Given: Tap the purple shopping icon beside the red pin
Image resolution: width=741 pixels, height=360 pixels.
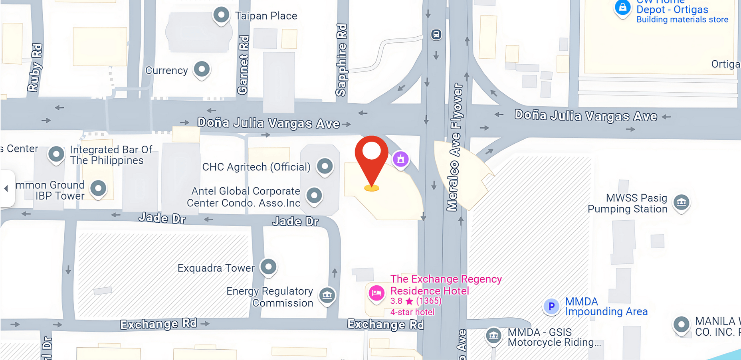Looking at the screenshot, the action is coord(401,159).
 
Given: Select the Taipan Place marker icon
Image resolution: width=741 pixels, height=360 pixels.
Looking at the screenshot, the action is coord(221,16).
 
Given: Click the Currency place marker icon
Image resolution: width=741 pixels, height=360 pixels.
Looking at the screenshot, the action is coord(202,69).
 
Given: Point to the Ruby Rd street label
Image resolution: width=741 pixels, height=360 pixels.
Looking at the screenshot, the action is coord(35,68).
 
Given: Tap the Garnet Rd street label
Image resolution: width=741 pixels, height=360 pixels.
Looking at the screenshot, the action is coord(243,65).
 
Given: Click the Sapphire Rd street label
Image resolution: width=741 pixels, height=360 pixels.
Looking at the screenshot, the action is coord(341,60).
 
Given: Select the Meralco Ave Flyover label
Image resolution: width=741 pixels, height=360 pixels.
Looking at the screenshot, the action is coord(455,147).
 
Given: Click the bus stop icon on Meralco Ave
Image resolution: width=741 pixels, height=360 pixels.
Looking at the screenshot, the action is coord(436,34).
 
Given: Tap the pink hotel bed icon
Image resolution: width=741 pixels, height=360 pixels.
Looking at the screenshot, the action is coord(376,293).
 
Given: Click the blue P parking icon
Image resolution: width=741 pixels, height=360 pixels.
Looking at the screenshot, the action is coord(551,306).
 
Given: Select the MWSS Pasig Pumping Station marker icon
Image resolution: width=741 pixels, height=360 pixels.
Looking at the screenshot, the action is coord(681,202).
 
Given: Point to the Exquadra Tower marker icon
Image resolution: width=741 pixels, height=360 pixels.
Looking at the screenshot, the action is coord(268,267).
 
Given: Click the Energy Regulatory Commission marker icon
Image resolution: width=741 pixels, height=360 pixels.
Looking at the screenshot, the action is coord(327,296).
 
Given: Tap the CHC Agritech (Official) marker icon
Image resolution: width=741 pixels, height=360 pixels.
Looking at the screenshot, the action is coord(325,166).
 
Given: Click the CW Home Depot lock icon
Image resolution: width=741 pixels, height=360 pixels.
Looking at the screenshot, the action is coord(622,7).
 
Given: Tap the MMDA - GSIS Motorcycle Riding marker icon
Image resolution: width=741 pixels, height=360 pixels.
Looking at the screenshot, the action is coord(493,335).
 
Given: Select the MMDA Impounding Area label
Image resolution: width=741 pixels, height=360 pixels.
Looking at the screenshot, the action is coord(606,307).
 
